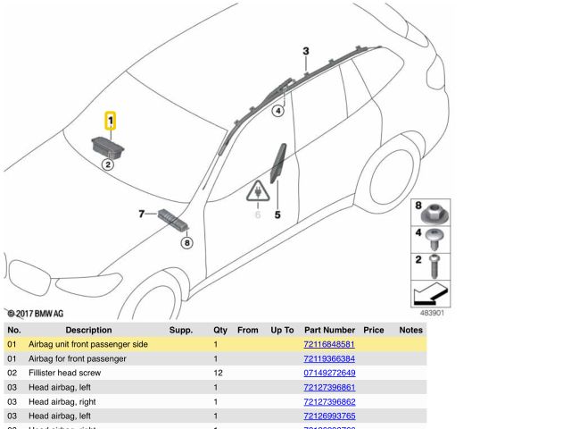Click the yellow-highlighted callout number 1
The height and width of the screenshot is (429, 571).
(x=110, y=120)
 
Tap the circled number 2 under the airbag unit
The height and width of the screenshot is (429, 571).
(x=107, y=164)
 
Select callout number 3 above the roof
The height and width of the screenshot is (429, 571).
(x=305, y=52)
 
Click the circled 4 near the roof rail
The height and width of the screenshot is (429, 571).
(x=277, y=111)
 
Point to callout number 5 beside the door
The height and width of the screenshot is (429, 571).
(x=277, y=214)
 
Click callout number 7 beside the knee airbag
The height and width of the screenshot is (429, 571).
(x=141, y=214)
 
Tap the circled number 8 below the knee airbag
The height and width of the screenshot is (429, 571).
(x=186, y=242)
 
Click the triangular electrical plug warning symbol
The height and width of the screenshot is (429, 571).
(x=258, y=194)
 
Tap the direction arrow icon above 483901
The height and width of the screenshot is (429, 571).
(x=432, y=294)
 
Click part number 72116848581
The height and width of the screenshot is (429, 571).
(x=329, y=344)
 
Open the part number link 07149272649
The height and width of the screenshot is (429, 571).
(x=329, y=373)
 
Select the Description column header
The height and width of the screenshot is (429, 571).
(x=88, y=330)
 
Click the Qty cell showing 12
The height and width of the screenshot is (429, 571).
(x=216, y=373)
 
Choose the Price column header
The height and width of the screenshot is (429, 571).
(x=373, y=330)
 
